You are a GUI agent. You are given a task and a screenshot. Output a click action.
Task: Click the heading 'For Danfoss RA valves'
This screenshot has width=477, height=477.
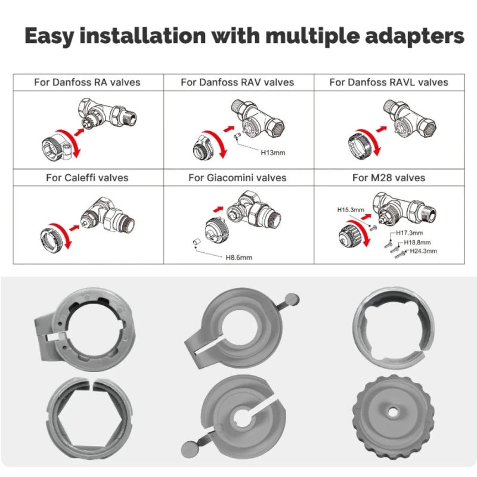click(x=87, y=82)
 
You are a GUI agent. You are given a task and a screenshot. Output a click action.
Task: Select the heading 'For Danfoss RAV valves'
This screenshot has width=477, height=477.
click(x=237, y=82)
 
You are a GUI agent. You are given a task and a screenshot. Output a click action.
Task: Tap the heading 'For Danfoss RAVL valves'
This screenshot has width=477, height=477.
click(x=389, y=82)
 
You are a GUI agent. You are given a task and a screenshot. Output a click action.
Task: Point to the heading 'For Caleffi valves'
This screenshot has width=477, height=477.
click(x=87, y=177)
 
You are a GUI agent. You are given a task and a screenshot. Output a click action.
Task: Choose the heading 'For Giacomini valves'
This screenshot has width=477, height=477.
click(x=237, y=177)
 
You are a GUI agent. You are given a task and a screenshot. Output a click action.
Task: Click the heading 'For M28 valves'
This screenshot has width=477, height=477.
click(x=389, y=177)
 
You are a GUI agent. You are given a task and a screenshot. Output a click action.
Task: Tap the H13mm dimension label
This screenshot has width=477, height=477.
click(x=273, y=153)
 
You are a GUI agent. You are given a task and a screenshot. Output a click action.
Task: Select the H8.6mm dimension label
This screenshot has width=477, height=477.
click(x=238, y=258)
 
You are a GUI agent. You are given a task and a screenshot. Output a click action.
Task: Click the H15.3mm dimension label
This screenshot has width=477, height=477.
click(x=350, y=210)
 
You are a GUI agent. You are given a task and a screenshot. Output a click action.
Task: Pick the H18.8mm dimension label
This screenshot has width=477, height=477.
click(x=417, y=243)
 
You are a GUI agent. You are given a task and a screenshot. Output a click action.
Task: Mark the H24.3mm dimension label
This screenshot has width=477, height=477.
click(x=423, y=251)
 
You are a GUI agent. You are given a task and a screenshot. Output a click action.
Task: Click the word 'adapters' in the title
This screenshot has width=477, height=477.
click(x=406, y=36)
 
